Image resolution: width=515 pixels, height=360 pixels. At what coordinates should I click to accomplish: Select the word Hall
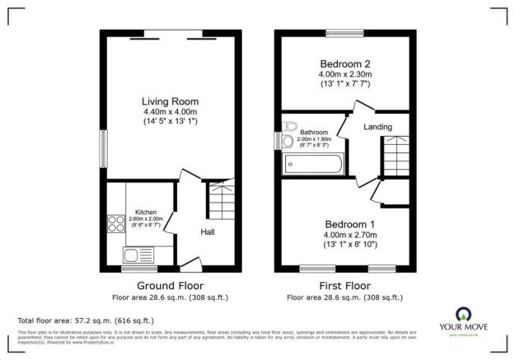pyautogui.click(x=208, y=232)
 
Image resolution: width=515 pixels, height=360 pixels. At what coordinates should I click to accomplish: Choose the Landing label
pyautogui.click(x=377, y=126)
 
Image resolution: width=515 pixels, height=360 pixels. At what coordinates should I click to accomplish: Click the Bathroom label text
pyautogui.click(x=314, y=132)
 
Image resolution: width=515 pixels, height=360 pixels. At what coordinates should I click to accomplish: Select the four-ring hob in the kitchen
pyautogui.click(x=115, y=223)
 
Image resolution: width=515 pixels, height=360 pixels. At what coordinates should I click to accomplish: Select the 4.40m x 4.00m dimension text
pyautogui.click(x=171, y=111)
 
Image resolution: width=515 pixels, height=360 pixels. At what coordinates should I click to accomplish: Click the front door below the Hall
pyautogui.click(x=190, y=266)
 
